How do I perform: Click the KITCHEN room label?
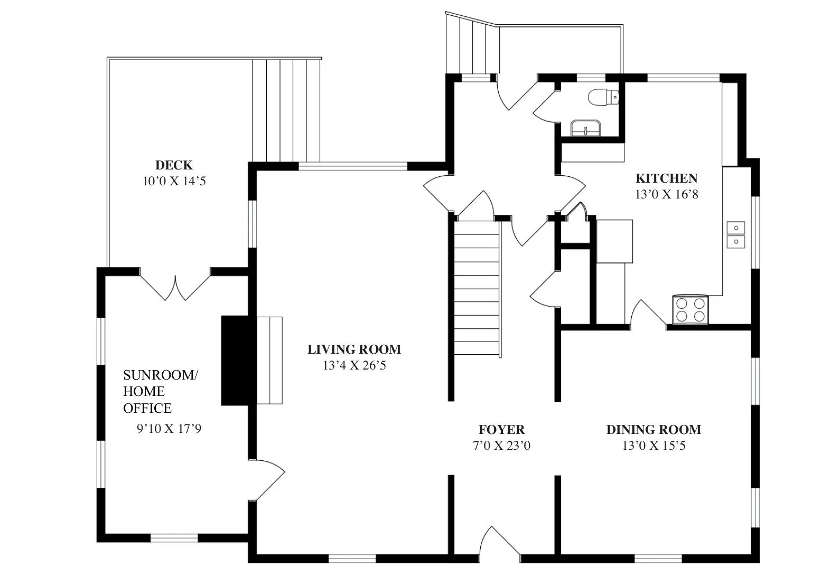pyautogui.click(x=666, y=178)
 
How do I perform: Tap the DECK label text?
pyautogui.click(x=174, y=165)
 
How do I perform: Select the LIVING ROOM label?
pyautogui.click(x=354, y=349)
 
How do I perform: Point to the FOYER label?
pyautogui.click(x=502, y=429)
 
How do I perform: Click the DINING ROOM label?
pyautogui.click(x=654, y=429)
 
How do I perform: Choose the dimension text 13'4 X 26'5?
pyautogui.click(x=354, y=365)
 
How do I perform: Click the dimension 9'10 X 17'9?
pyautogui.click(x=169, y=428)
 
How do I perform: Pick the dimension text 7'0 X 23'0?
pyautogui.click(x=502, y=446)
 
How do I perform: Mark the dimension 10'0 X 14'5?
pyautogui.click(x=174, y=182)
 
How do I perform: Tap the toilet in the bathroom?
pyautogui.click(x=603, y=97)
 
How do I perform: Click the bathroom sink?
pyautogui.click(x=586, y=128)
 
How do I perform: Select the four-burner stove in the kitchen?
pyautogui.click(x=690, y=310)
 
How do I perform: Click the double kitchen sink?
pyautogui.click(x=736, y=235)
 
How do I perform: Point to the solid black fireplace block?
pyautogui.click(x=235, y=361)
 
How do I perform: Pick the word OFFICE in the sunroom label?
pyautogui.click(x=147, y=408)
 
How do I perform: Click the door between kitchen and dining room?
pyautogui.click(x=648, y=313)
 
